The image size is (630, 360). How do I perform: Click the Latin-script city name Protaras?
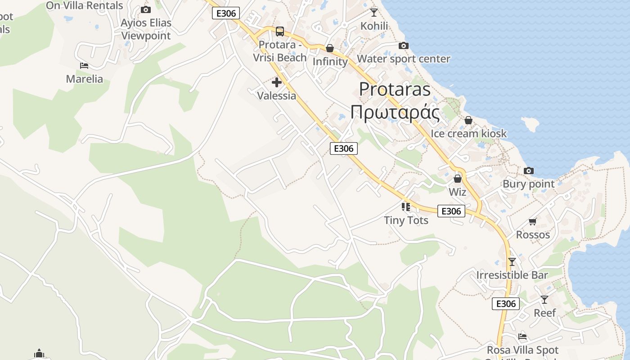click(395, 89)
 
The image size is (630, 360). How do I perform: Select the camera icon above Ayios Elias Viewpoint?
click(146, 9)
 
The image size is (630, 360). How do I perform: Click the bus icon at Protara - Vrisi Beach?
click(280, 31)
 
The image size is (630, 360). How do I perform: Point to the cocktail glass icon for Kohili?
click(374, 12)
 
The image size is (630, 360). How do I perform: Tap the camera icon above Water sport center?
click(404, 45)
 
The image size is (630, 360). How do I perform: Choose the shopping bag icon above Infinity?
click(330, 48)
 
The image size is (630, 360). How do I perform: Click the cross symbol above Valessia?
click(277, 82)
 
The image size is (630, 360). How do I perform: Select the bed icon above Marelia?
click(84, 66)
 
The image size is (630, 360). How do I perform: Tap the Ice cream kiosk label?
click(468, 134)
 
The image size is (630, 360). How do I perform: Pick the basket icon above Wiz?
click(458, 179)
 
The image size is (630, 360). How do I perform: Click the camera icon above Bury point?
click(529, 171)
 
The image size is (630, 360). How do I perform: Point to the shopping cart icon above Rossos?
click(533, 221)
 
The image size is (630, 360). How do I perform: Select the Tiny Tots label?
click(406, 220)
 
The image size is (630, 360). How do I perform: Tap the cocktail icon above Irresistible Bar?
click(512, 261)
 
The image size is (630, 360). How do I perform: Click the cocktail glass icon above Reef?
click(544, 299)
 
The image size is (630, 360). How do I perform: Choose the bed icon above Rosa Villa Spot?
click(522, 336)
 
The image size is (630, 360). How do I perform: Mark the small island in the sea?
click(530, 124)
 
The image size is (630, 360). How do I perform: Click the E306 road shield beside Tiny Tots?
click(451, 211)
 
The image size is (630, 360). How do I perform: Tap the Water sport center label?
click(403, 59)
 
